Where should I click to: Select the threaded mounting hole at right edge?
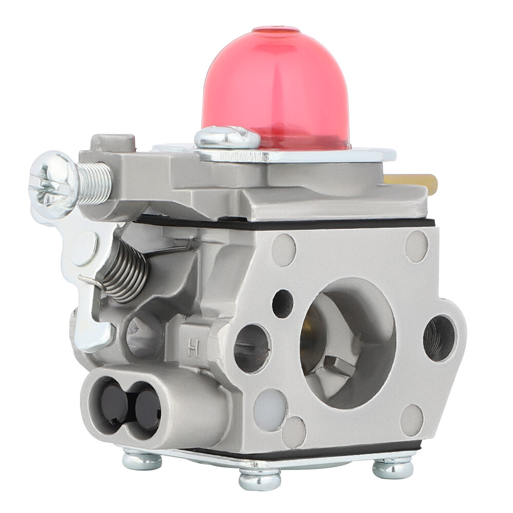click(x=439, y=338)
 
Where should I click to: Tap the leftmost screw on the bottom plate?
click(x=142, y=459)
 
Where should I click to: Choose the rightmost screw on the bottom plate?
click(x=392, y=467)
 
